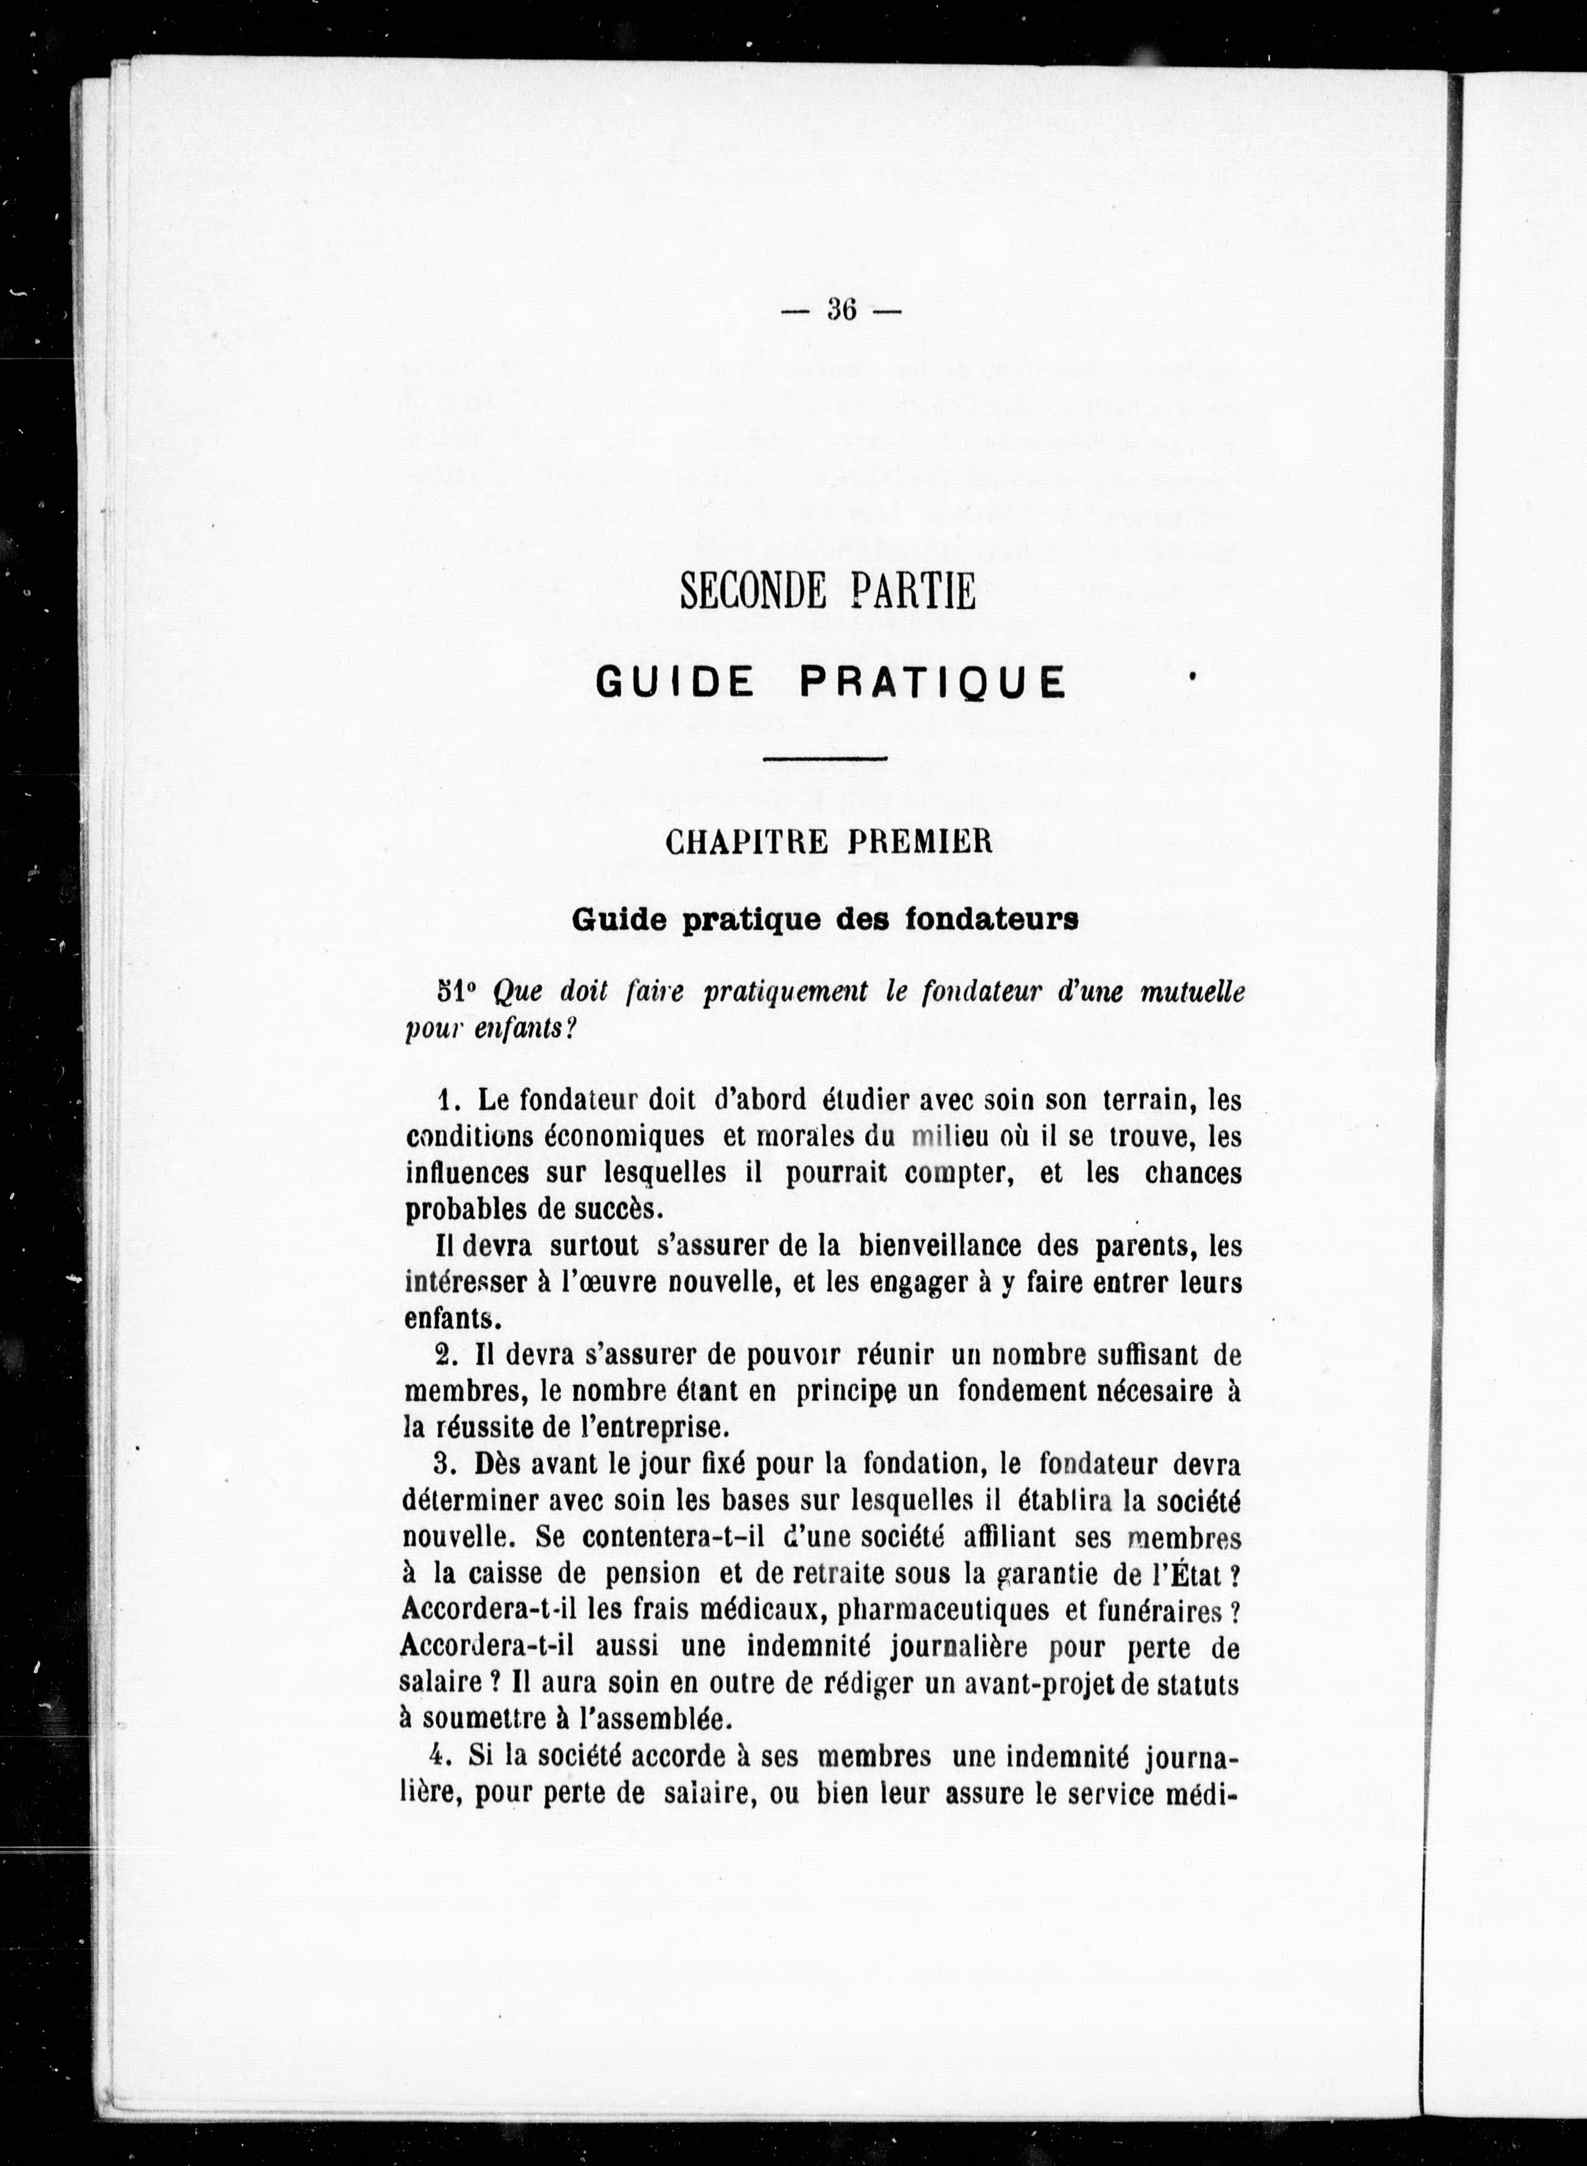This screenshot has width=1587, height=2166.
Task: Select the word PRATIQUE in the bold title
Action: point(932,682)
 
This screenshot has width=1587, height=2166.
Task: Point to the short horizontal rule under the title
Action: point(824,759)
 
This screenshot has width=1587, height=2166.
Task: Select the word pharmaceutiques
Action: point(944,1610)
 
